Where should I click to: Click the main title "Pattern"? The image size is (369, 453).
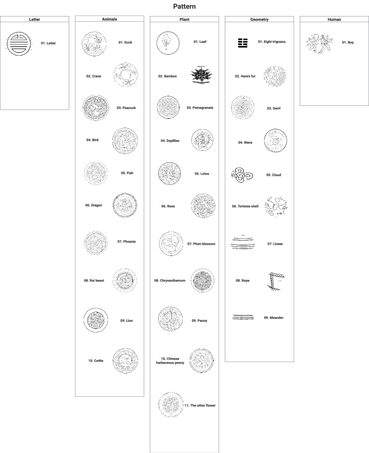[x=185, y=6]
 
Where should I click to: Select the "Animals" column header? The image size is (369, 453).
[x=110, y=19]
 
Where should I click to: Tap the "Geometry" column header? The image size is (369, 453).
[x=259, y=19]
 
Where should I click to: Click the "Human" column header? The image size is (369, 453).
[x=334, y=19]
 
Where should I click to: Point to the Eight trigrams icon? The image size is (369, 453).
[x=243, y=43]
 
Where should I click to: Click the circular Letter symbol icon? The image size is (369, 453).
[x=19, y=44]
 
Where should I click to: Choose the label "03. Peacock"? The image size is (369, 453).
[x=126, y=108]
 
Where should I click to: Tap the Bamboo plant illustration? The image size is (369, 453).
[x=202, y=75]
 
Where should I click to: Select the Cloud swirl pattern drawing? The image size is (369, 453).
[x=242, y=175]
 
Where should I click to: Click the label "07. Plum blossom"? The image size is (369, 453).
[x=202, y=244]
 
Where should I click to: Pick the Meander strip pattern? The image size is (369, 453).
[x=243, y=318]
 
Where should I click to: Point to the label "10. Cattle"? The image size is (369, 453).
[x=96, y=361]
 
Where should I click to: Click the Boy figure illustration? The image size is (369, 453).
[x=319, y=43]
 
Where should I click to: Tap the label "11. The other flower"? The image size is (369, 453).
[x=200, y=405]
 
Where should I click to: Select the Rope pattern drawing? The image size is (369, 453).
[x=276, y=281]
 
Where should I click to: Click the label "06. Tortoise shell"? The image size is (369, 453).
[x=245, y=206]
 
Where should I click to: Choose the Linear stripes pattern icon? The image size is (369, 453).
[x=243, y=243]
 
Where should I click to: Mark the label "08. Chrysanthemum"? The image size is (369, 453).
[x=170, y=280]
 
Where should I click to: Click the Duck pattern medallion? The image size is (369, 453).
[x=94, y=44]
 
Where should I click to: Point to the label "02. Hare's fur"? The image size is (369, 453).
[x=245, y=76]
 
